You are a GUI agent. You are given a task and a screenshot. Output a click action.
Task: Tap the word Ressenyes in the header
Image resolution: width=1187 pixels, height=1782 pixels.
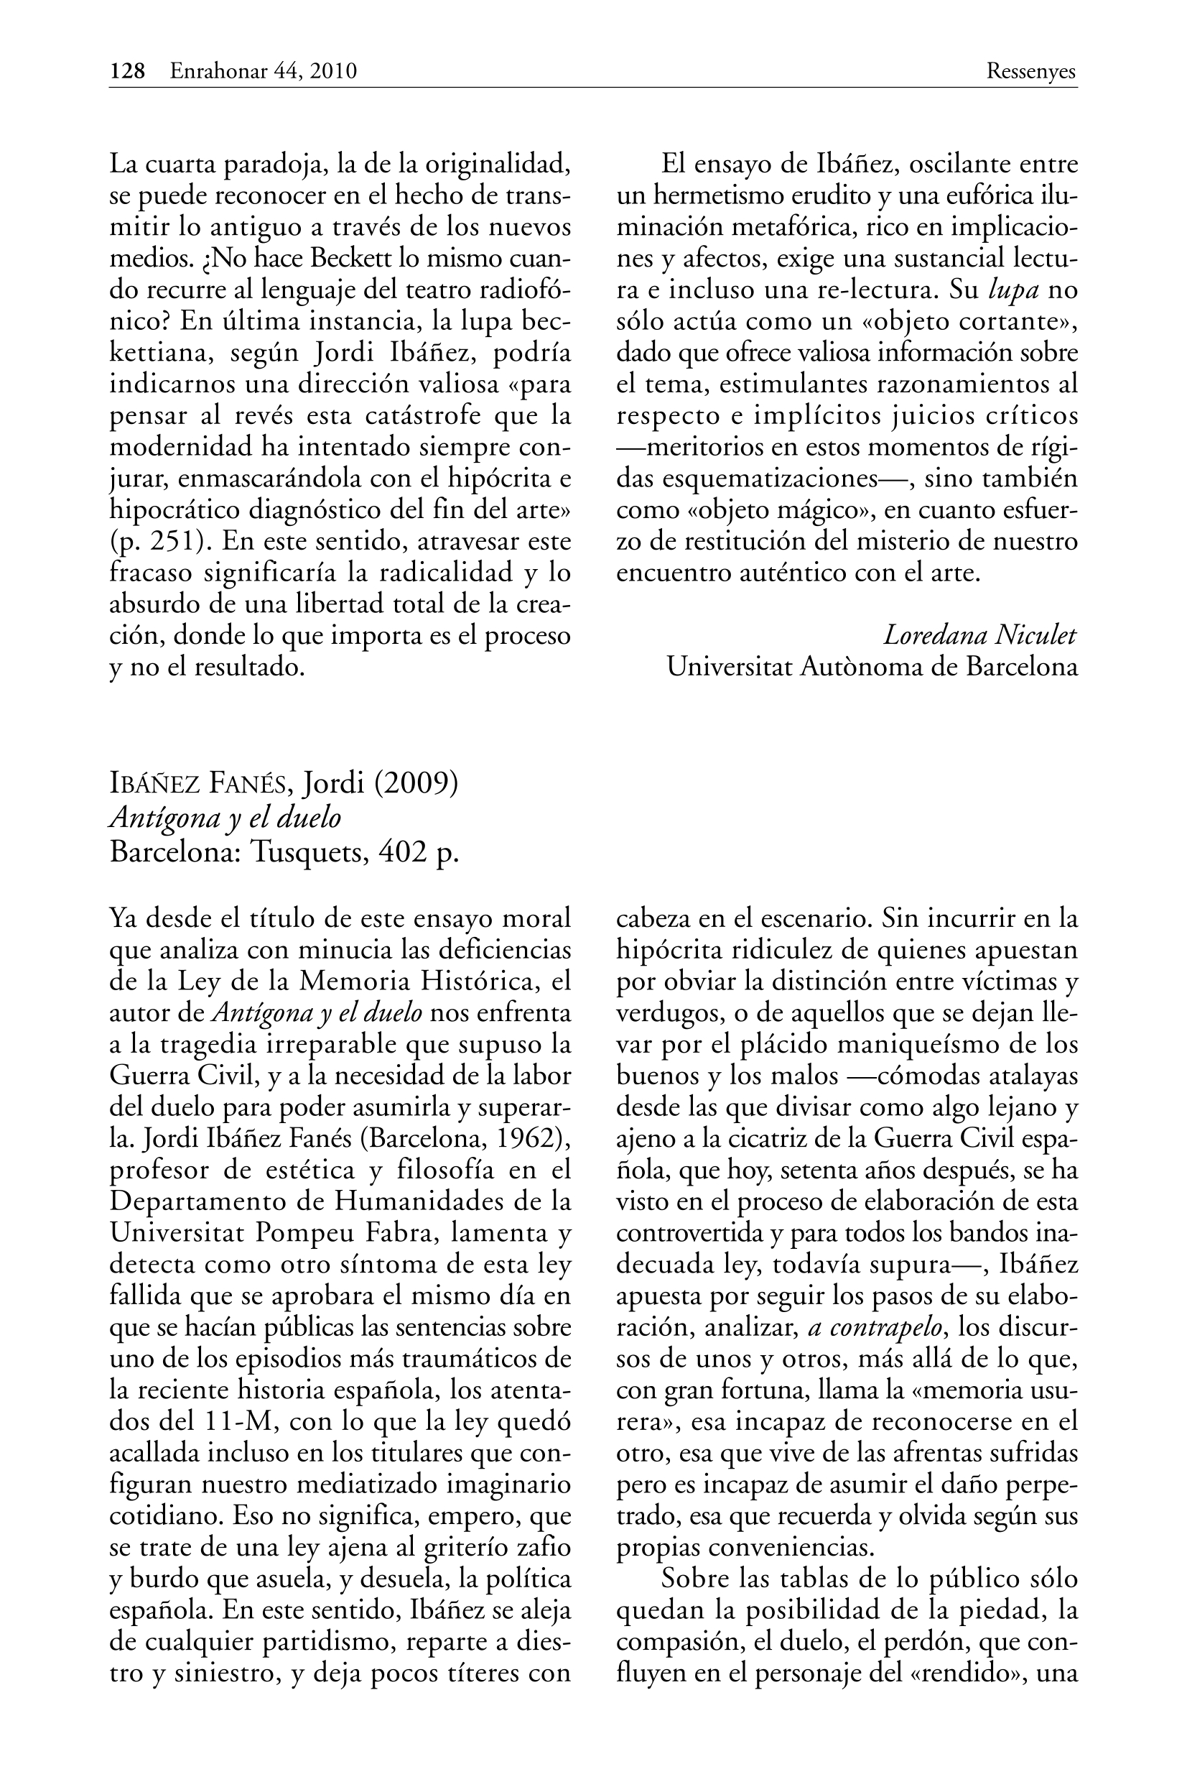coord(1031,71)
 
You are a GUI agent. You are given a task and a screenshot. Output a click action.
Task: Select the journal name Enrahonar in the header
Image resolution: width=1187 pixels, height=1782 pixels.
coord(220,71)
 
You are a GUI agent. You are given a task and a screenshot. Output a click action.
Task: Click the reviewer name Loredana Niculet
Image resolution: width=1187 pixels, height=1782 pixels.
coord(979,635)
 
